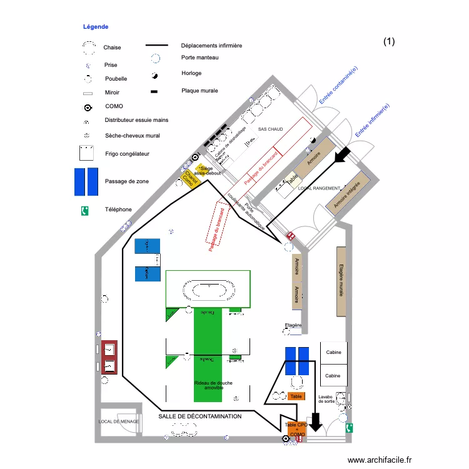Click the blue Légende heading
point(96,27)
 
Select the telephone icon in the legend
point(84,211)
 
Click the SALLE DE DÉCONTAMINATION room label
point(199,416)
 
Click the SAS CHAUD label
point(270,129)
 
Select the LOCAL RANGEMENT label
point(319,188)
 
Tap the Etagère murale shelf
point(341,281)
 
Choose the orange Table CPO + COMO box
point(297,429)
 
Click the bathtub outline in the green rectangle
point(208,290)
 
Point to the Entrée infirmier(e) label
point(372,120)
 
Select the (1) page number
point(389,42)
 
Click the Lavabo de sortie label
point(325,399)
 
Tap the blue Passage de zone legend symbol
point(86,181)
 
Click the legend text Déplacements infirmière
point(211,46)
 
